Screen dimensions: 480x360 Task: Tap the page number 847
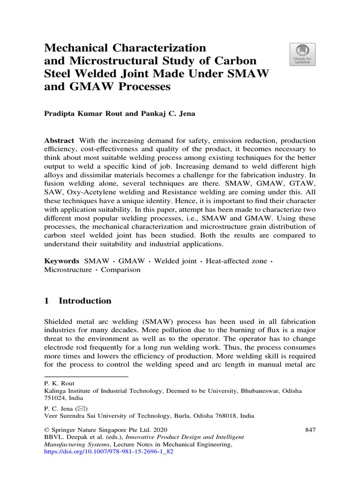point(309,429)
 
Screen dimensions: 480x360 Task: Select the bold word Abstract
point(59,141)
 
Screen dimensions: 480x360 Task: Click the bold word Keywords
point(61,261)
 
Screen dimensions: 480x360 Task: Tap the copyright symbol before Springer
point(46,429)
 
